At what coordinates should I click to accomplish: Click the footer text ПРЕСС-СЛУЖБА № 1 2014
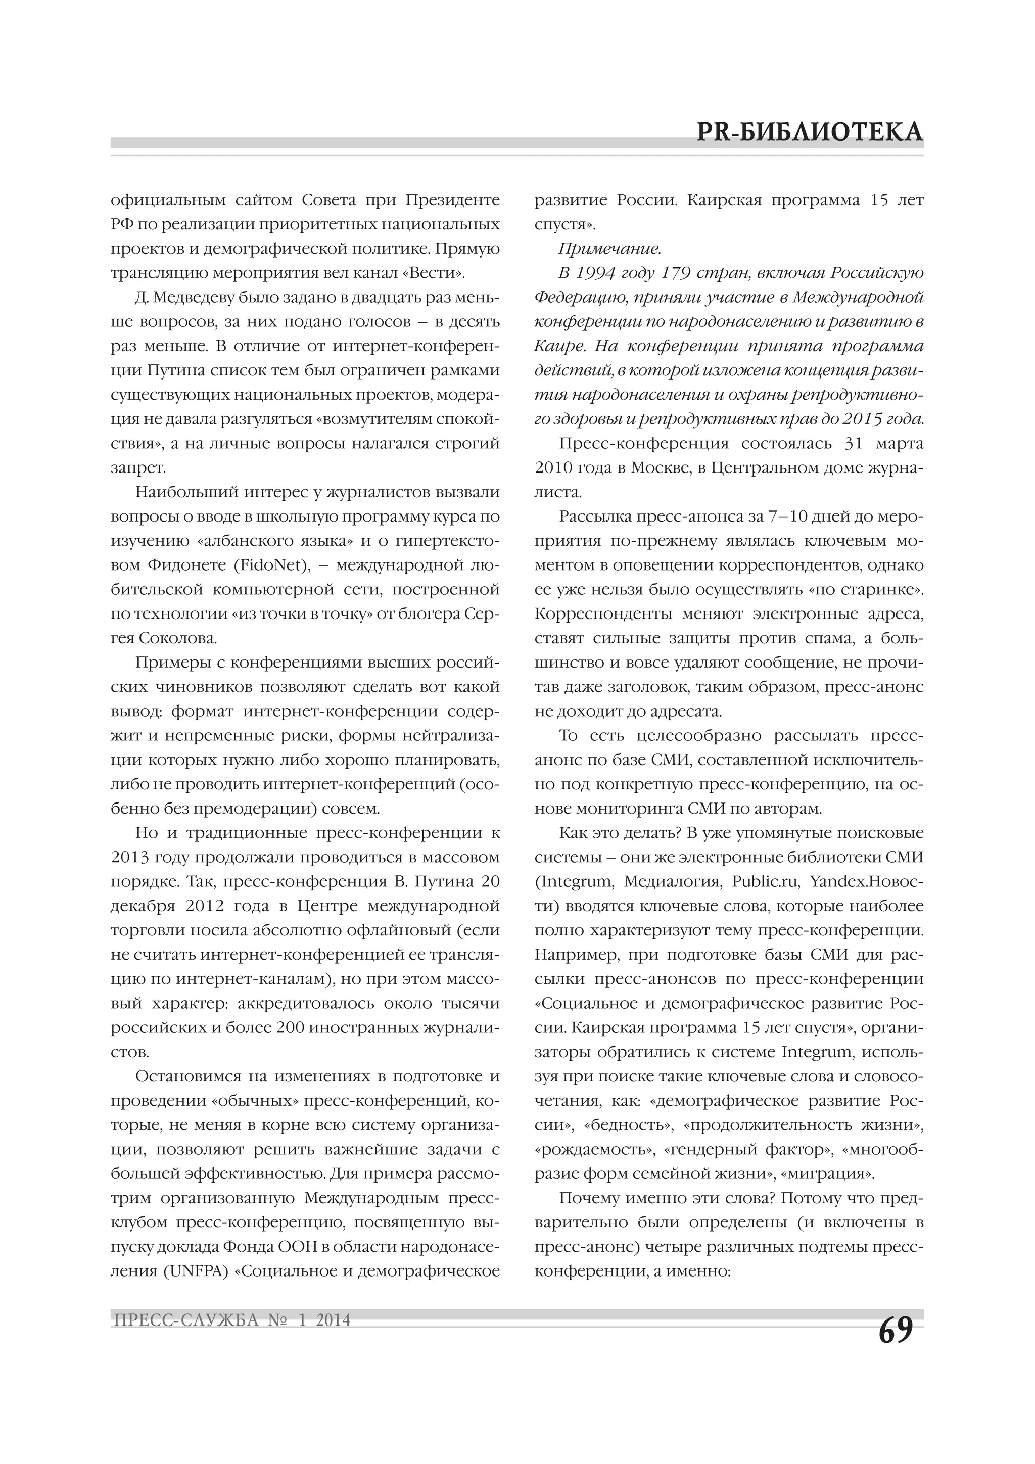point(231,1320)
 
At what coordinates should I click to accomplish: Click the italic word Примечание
point(609,249)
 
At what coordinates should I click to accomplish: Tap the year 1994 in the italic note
point(595,273)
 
